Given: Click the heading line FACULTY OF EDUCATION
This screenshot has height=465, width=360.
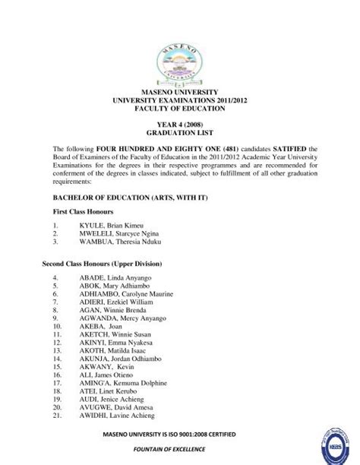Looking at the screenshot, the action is tap(179, 109).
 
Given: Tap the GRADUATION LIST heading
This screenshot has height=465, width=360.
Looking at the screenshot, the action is tap(179, 137).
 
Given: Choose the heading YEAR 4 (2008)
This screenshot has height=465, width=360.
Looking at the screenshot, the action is tap(179, 128).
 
